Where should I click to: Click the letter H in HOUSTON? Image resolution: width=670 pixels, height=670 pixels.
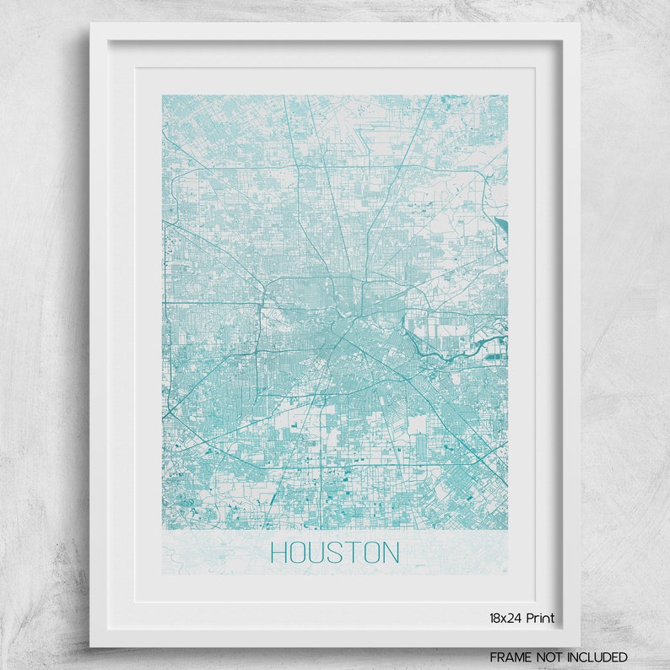(x=279, y=553)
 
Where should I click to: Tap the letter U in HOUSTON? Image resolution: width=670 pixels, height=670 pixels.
(x=319, y=553)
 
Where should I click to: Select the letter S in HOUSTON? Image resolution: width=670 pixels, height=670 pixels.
(x=338, y=553)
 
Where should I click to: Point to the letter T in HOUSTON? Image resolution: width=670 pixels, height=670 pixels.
(x=354, y=553)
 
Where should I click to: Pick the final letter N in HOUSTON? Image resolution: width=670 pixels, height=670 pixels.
(x=390, y=553)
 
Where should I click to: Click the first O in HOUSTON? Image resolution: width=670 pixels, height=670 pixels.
(x=300, y=553)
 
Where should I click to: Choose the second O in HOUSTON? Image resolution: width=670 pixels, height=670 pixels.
(x=371, y=553)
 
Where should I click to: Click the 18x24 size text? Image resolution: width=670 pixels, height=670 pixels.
(x=504, y=618)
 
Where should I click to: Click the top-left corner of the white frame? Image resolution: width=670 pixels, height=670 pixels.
(x=90, y=24)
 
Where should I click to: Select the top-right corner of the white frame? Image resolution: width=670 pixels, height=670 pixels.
(x=580, y=24)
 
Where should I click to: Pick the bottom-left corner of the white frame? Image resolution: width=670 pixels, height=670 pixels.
(x=90, y=646)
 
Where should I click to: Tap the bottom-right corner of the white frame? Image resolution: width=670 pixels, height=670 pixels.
(x=580, y=646)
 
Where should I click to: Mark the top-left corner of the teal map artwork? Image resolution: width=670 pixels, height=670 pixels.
(x=163, y=95)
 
